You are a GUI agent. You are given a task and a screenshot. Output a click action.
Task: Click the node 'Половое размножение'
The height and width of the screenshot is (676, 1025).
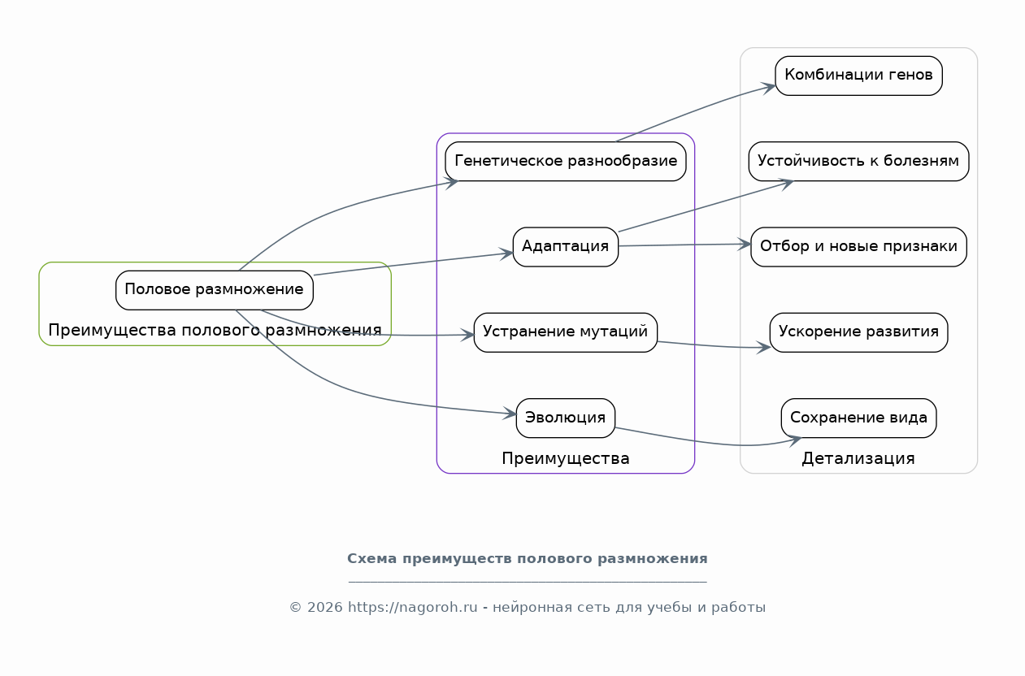click(x=214, y=290)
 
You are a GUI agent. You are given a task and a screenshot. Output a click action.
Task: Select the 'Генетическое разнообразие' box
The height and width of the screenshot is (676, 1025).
click(x=566, y=161)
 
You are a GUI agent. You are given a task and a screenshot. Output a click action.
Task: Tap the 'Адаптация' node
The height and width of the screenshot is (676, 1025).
click(x=566, y=246)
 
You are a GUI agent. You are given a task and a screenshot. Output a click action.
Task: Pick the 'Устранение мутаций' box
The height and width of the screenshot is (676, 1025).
click(x=566, y=332)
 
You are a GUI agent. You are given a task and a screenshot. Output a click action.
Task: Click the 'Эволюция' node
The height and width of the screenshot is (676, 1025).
click(x=566, y=418)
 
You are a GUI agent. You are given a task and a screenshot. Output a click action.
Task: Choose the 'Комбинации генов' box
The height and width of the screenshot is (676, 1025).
click(x=858, y=76)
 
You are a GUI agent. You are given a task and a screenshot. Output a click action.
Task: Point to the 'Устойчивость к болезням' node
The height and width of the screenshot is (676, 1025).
click(x=858, y=161)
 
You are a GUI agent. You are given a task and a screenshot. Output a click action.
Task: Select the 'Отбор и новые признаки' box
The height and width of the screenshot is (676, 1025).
click(x=858, y=246)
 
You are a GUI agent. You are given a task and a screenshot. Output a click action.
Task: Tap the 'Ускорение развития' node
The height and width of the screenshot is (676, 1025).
click(x=858, y=332)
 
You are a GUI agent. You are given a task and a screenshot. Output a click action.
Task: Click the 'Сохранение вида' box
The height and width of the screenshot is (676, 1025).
click(x=858, y=418)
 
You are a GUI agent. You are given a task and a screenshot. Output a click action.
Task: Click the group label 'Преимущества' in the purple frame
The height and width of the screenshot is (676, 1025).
click(x=566, y=458)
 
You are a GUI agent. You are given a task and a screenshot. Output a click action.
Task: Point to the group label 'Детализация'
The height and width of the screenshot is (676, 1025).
click(x=858, y=458)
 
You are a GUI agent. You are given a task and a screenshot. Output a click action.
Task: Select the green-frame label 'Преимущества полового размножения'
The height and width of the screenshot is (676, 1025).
click(x=215, y=330)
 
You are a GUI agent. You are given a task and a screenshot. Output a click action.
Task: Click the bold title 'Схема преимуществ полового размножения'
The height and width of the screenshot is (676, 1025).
click(x=528, y=558)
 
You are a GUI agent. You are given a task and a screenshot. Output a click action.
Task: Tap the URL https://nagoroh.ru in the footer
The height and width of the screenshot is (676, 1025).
click(x=413, y=608)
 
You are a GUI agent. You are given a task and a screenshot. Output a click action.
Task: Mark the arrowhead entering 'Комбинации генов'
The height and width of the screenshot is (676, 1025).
click(x=768, y=88)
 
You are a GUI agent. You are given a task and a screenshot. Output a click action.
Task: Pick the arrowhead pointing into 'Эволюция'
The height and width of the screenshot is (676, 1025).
click(x=510, y=413)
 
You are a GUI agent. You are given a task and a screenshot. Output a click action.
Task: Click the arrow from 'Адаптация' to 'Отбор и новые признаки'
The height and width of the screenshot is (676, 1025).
click(x=684, y=245)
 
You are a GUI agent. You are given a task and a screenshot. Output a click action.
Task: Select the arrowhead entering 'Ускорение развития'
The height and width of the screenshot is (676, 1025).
click(x=763, y=348)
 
